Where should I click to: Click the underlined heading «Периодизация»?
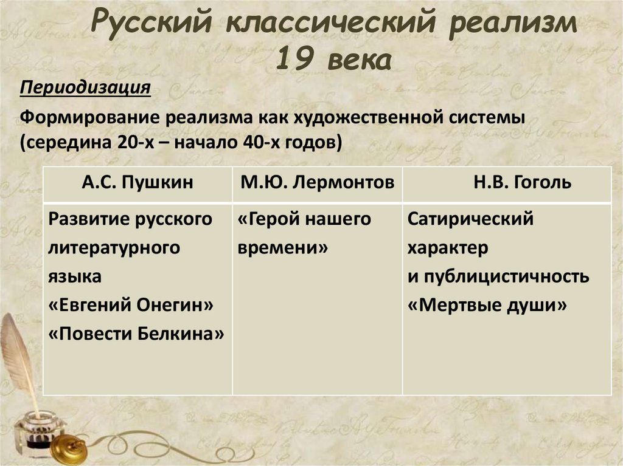click(x=85, y=88)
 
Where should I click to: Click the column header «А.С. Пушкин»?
click(x=137, y=182)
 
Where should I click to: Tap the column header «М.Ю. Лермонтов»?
click(x=317, y=182)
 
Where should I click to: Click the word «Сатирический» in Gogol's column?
click(x=470, y=219)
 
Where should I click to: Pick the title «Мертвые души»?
click(x=487, y=306)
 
